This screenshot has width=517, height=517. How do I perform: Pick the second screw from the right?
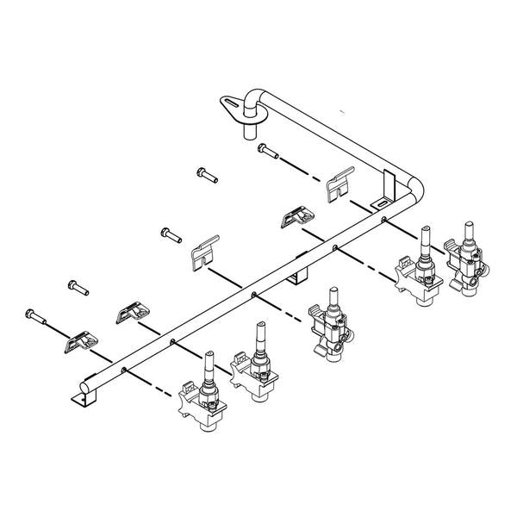point(208,175)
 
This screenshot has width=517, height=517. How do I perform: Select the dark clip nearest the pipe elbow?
point(297,216)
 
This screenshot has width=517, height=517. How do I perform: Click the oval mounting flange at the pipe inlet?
point(233,105)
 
